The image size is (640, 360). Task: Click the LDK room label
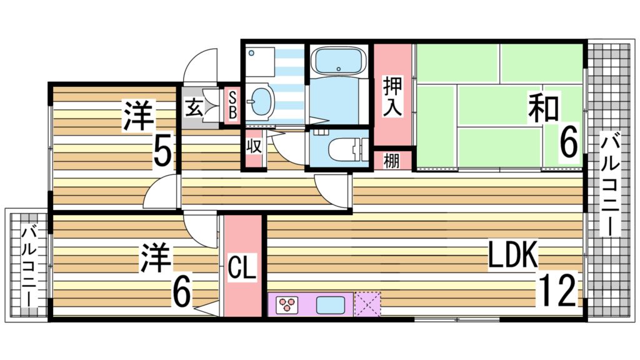click(513, 256)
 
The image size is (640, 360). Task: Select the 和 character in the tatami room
click(543, 107)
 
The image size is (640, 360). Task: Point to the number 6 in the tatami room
click(567, 144)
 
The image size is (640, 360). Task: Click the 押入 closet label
click(392, 96)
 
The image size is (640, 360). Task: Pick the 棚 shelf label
click(391, 161)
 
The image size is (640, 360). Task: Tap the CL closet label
click(242, 269)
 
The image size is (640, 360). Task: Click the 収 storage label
click(253, 148)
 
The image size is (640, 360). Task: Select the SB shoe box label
click(232, 106)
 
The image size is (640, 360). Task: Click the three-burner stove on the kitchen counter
click(287, 305)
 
